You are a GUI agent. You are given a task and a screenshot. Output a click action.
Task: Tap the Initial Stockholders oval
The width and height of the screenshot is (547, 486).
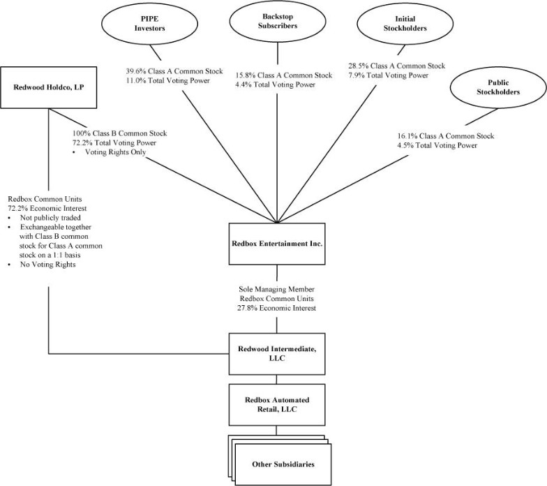coord(391,26)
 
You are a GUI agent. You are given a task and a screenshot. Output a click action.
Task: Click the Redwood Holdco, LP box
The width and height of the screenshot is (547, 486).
coord(48,88)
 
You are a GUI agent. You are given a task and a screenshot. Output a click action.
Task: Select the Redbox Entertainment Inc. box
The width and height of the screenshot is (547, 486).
coord(278,244)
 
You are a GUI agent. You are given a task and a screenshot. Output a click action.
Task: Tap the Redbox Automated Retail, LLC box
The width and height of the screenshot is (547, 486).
coord(278,404)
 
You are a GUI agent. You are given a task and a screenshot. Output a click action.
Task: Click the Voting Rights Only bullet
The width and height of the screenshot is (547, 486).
coord(114,152)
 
